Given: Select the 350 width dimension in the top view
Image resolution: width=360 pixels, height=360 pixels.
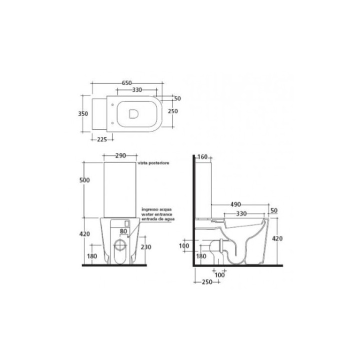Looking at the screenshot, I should coord(83,113).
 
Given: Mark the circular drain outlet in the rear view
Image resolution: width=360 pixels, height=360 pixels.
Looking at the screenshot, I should coord(120,245).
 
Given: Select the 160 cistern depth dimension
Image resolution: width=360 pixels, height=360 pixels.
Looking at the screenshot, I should coord(202,157).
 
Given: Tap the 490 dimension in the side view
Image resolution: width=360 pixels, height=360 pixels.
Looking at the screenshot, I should coord(236,204).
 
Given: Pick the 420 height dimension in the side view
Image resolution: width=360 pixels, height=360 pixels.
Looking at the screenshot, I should coord(277,238).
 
